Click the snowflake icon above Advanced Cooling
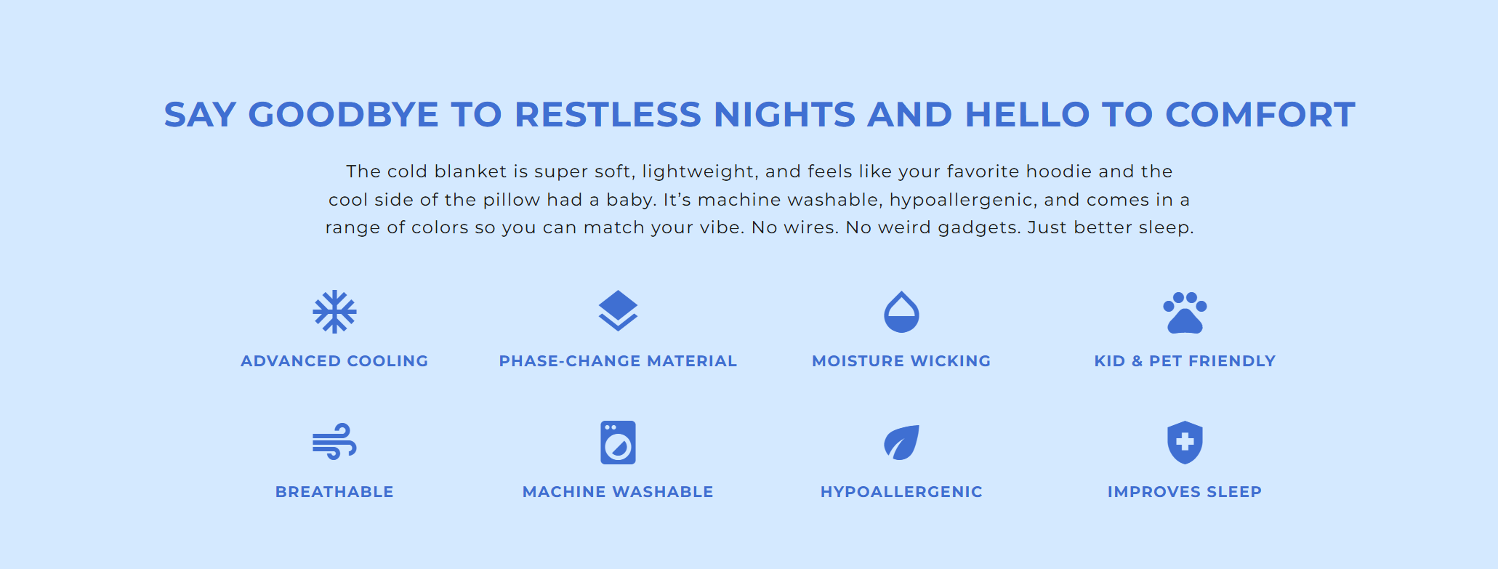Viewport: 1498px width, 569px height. (334, 312)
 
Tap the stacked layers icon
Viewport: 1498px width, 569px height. (618, 310)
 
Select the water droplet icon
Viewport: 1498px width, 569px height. (901, 312)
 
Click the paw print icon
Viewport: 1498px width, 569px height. (1185, 312)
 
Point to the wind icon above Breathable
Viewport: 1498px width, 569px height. (334, 441)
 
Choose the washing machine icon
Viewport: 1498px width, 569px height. (618, 443)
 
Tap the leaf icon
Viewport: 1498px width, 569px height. (901, 443)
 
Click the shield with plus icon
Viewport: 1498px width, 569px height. (1185, 442)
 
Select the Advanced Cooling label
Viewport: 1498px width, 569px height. (334, 361)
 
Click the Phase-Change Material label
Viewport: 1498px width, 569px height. (618, 361)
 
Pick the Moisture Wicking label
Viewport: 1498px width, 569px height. (901, 361)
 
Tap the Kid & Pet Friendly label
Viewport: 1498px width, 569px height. (1185, 361)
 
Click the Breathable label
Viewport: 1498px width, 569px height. (334, 492)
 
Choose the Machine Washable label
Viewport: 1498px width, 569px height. (618, 492)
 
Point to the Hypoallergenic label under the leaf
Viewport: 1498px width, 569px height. (901, 492)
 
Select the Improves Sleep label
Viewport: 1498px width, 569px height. (1185, 492)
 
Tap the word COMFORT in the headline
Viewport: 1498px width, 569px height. (1260, 115)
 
